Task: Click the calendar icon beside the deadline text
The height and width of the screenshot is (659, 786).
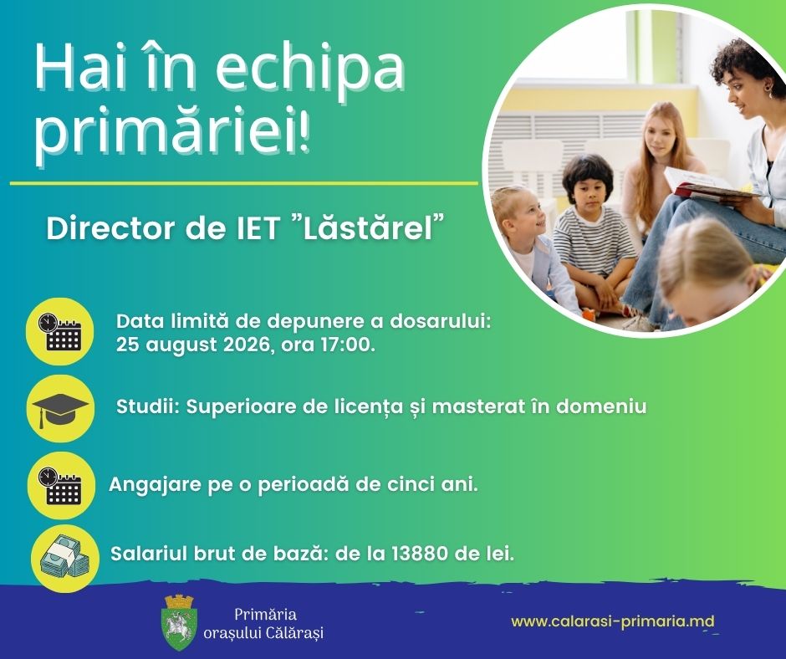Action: (x=60, y=331)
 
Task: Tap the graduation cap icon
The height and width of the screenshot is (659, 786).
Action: (x=60, y=408)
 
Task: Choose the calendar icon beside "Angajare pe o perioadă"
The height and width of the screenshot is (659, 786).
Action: (x=61, y=485)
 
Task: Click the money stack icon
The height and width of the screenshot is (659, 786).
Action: (x=65, y=558)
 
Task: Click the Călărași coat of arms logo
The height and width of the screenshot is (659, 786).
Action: (x=181, y=622)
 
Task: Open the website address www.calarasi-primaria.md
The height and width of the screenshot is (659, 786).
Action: (x=613, y=621)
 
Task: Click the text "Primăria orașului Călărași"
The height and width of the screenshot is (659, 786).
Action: (x=263, y=623)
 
